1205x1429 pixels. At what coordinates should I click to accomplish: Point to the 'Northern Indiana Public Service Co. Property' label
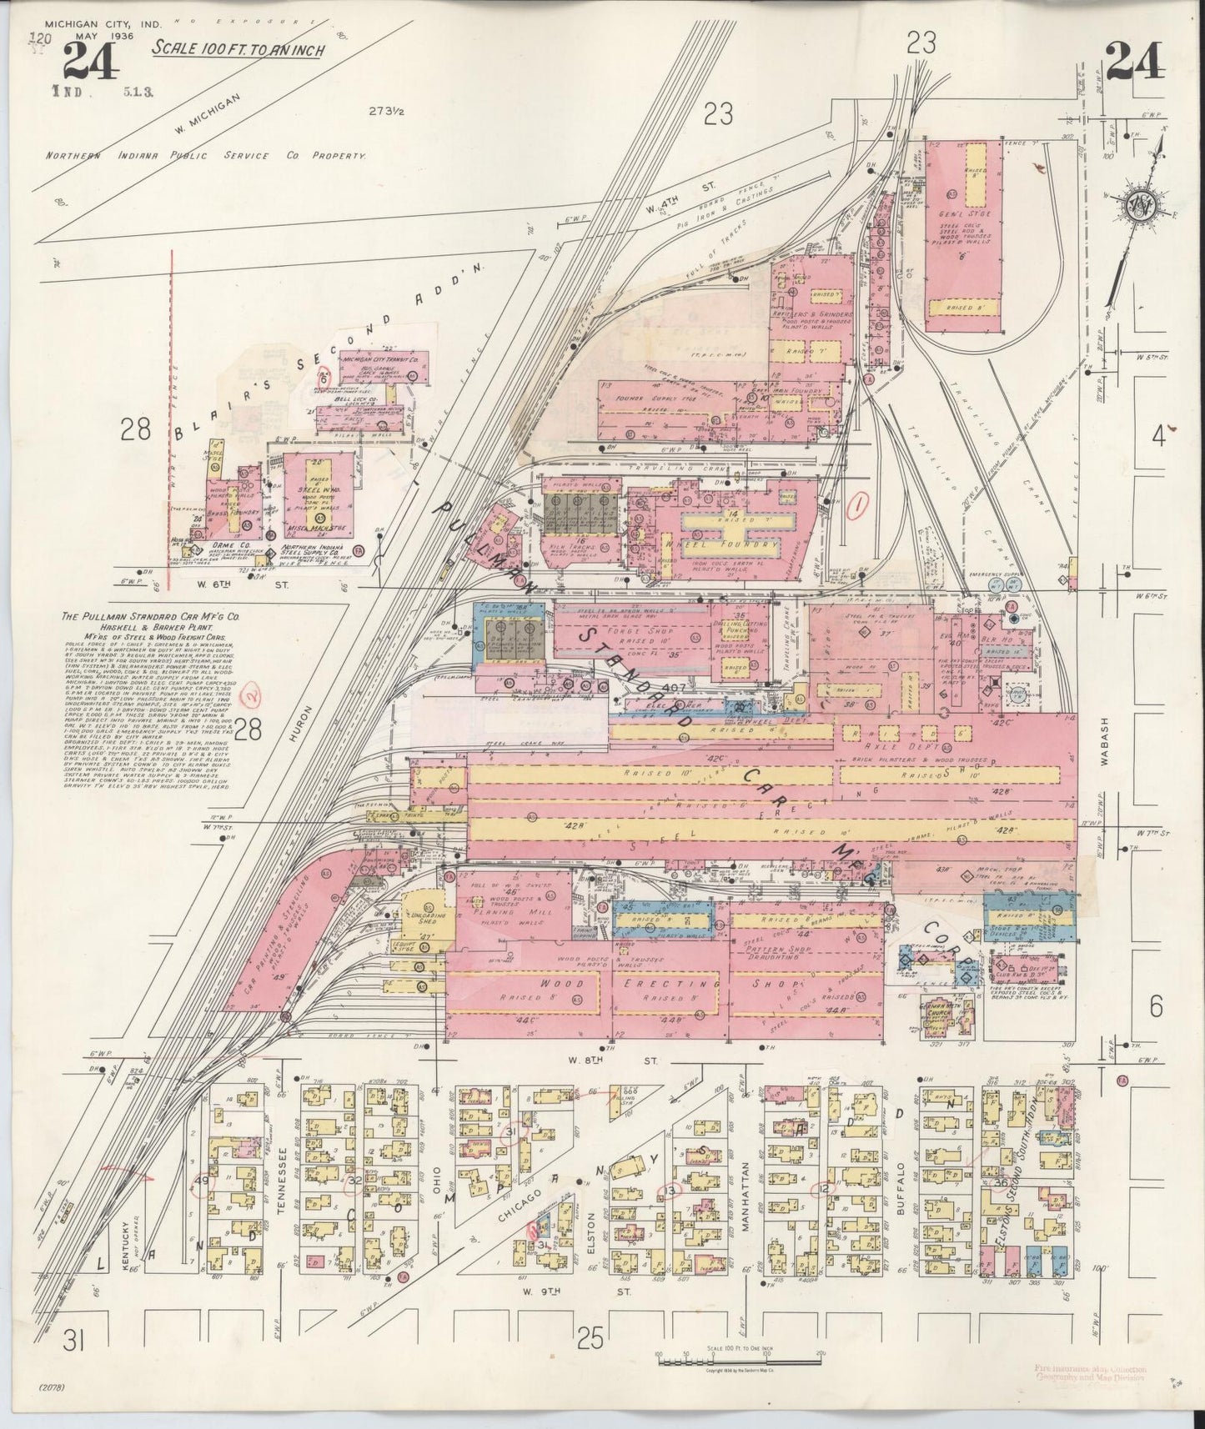pyautogui.click(x=206, y=156)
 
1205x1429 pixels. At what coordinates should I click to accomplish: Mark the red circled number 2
pyautogui.click(x=247, y=694)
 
